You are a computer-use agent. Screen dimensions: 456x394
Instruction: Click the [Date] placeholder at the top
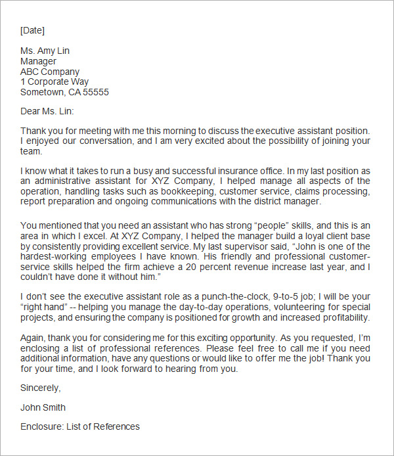32,30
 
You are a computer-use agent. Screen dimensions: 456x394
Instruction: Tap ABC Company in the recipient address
50,72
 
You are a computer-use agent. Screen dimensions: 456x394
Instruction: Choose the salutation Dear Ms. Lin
47,112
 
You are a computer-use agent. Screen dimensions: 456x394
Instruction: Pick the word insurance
219,170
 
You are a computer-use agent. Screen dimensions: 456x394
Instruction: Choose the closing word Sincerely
39,388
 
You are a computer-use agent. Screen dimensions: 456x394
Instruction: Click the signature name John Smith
43,407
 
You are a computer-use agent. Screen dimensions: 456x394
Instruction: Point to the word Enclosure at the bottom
41,426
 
